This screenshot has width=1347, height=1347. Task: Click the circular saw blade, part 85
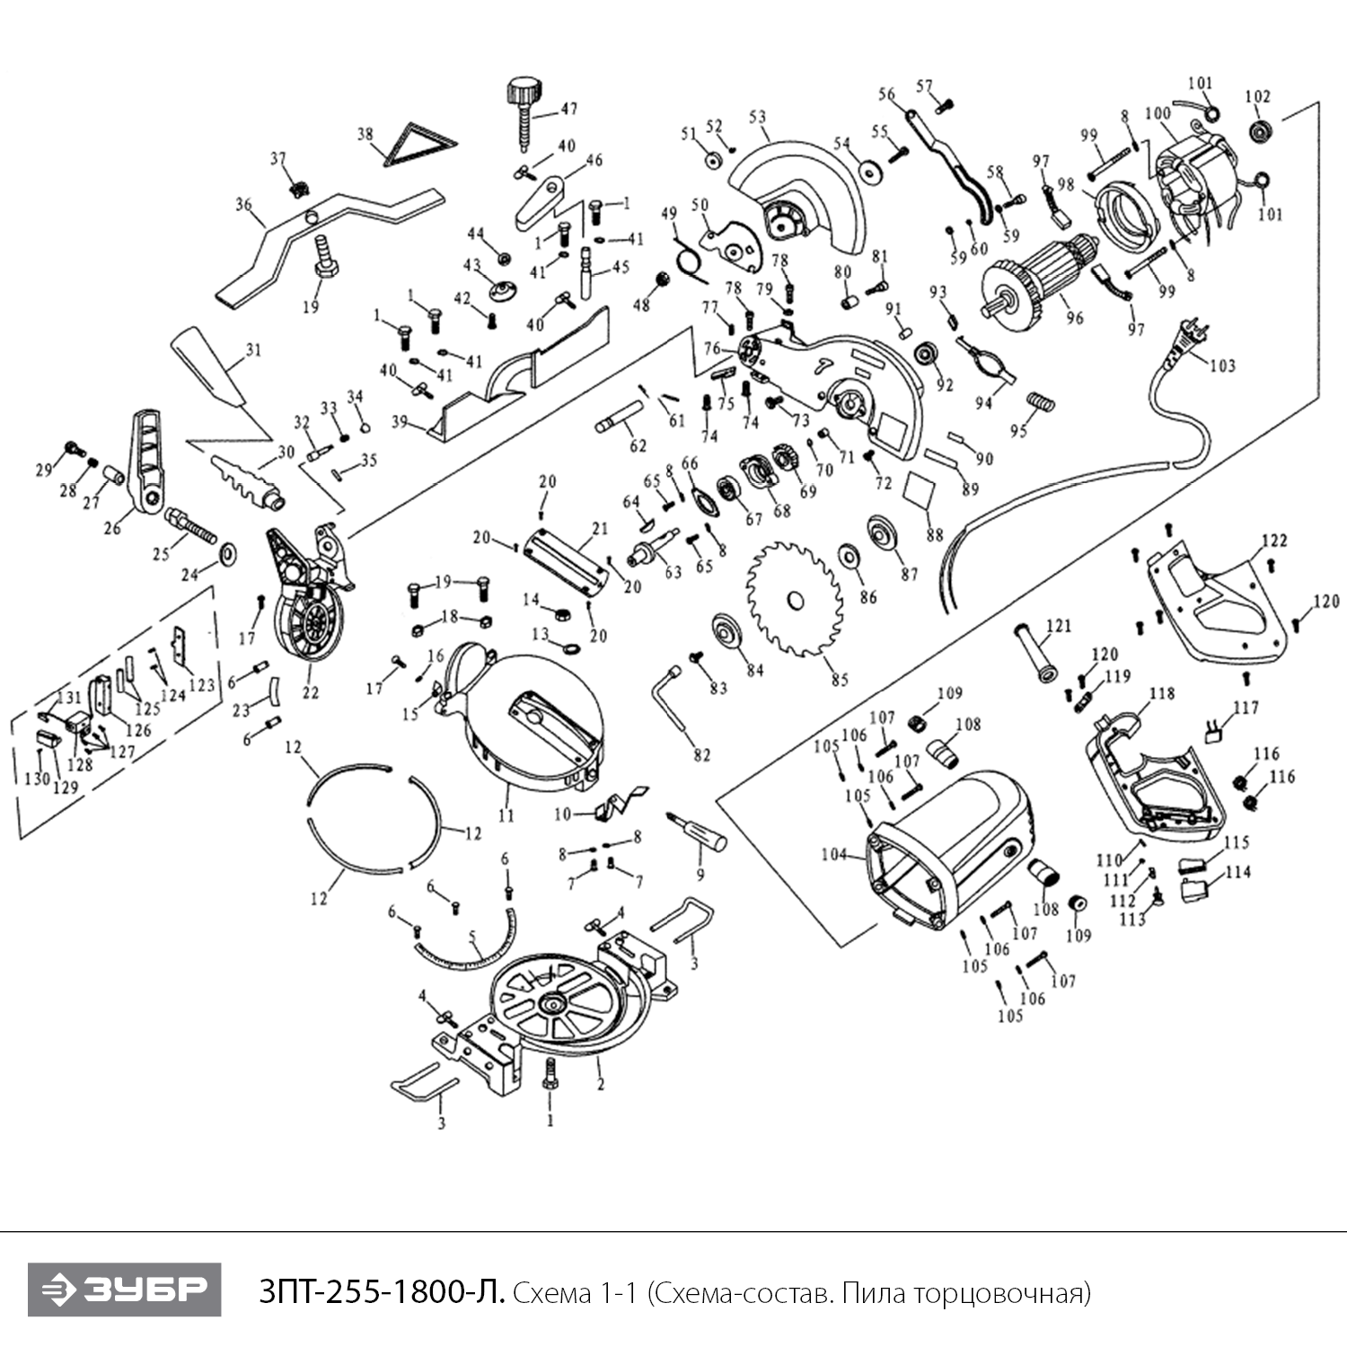[x=794, y=598]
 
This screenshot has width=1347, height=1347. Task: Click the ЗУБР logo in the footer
[x=124, y=1290]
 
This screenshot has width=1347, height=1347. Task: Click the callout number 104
[x=833, y=854]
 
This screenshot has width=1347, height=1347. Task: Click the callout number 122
[x=1274, y=541]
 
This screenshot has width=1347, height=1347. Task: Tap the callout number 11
[x=506, y=815]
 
